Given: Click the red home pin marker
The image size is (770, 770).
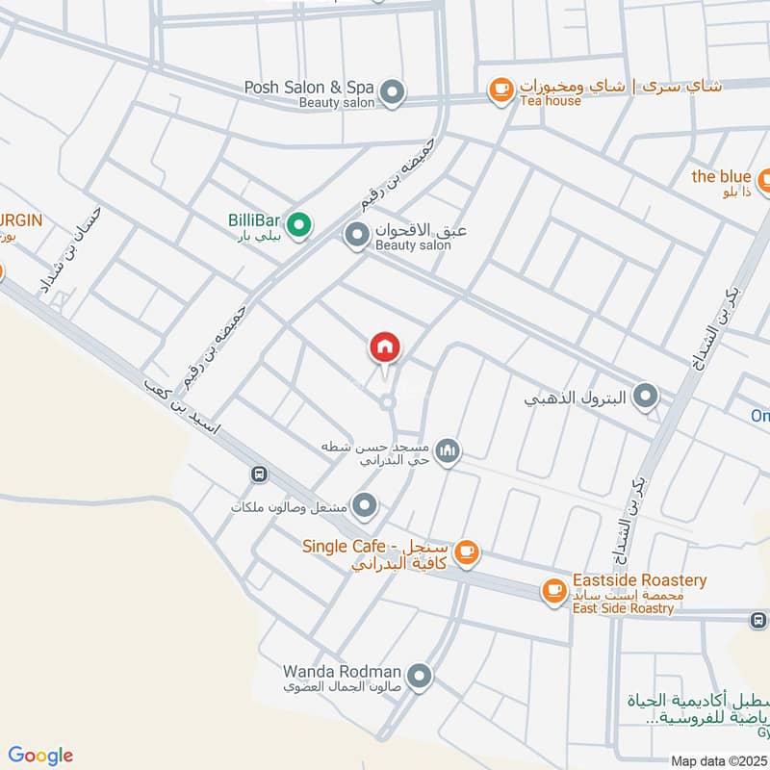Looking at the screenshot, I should click(385, 347).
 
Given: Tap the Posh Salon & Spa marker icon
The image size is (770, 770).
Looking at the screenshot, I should click(392, 93).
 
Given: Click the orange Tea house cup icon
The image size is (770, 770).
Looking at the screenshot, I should click(500, 90).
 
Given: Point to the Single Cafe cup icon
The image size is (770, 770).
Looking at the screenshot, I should click(467, 552).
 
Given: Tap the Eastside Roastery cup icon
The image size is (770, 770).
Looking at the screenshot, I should click(553, 591).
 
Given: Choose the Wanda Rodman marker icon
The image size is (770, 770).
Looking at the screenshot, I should click(419, 678).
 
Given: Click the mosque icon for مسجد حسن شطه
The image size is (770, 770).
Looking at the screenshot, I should click(447, 450).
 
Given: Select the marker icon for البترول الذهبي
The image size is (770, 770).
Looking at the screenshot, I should click(647, 396).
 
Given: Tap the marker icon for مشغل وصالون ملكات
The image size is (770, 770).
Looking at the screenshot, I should click(364, 504).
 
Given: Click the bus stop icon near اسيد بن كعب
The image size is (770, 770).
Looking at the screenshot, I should click(258, 474).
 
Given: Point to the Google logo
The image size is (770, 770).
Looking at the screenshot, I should click(40, 756).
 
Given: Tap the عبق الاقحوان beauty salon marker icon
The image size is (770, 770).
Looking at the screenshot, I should click(357, 234).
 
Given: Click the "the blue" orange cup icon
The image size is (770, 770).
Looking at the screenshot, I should click(766, 178).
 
